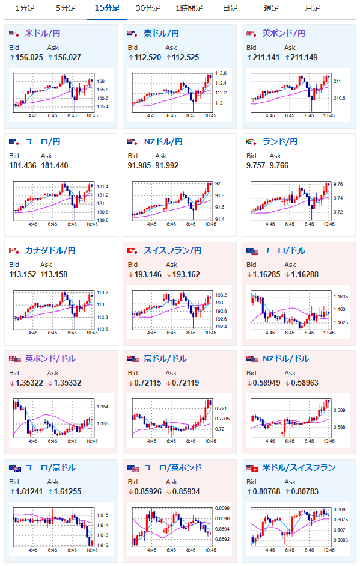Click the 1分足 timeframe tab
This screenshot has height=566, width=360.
pyautogui.click(x=25, y=8)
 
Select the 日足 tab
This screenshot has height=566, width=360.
pyautogui.click(x=231, y=8)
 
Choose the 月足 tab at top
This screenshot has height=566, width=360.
pyautogui.click(x=313, y=8)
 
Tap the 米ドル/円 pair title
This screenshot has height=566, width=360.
pyautogui.click(x=43, y=34)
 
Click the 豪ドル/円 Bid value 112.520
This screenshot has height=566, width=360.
pyautogui.click(x=148, y=57)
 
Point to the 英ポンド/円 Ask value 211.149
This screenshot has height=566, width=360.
pyautogui.click(x=304, y=57)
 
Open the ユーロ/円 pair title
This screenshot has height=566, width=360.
pyautogui.click(x=43, y=142)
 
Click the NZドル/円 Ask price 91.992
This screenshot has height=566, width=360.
pyautogui.click(x=166, y=165)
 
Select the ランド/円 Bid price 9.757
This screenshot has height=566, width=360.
pyautogui.click(x=256, y=165)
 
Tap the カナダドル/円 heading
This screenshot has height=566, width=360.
pyautogui.click(x=50, y=250)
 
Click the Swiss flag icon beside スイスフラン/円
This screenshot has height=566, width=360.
pyautogui.click(x=133, y=250)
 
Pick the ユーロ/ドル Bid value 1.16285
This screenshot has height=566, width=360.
pyautogui.click(x=267, y=275)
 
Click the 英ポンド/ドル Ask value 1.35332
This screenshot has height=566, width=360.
pyautogui.click(x=67, y=383)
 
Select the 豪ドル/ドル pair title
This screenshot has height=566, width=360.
pyautogui.click(x=165, y=359)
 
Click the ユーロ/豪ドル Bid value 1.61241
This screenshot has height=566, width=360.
pyautogui.click(x=29, y=491)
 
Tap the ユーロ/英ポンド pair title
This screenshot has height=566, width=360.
pyautogui.click(x=172, y=467)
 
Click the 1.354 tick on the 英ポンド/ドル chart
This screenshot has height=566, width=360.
pyautogui.click(x=102, y=407)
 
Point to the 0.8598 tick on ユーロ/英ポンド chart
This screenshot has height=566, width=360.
pyautogui.click(x=222, y=508)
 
